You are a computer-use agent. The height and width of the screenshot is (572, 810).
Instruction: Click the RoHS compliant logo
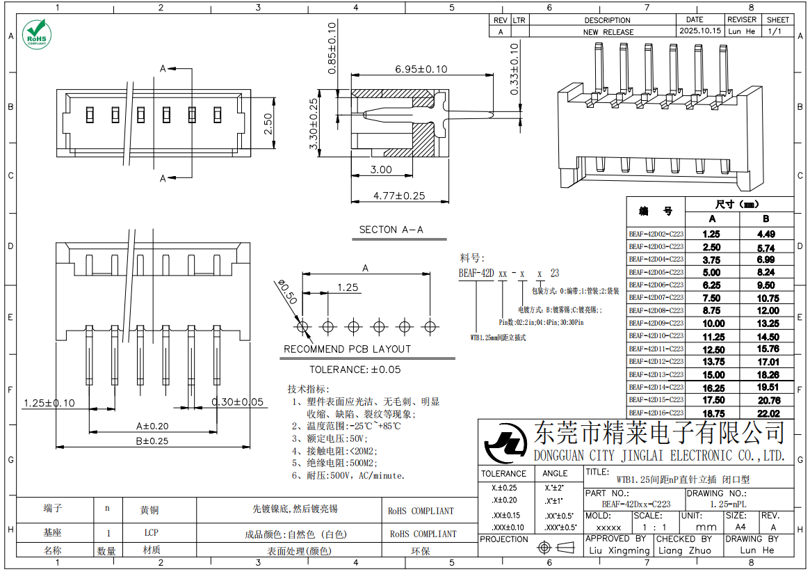coord(35,33)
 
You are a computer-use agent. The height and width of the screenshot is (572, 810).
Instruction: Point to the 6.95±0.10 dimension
coord(421,69)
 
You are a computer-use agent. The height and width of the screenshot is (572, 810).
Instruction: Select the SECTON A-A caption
coord(391,229)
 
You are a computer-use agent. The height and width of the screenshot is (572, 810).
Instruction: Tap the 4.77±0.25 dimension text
coord(398,196)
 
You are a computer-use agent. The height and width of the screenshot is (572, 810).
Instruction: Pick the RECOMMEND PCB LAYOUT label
coord(347,349)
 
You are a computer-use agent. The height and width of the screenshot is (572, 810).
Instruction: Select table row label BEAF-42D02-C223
coord(656,235)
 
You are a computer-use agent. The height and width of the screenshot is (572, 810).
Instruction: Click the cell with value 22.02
coord(768,413)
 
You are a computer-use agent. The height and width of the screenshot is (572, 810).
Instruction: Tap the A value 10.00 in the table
coord(713,324)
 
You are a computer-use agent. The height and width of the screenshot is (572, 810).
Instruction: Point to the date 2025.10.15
coord(699,31)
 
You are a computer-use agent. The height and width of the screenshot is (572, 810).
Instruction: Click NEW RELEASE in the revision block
coord(608,32)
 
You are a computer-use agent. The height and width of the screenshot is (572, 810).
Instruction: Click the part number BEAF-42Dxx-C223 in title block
coord(635,504)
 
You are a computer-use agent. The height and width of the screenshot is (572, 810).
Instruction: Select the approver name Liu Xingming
coord(618,550)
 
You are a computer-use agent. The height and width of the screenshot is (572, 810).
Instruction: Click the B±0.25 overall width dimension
coord(152,440)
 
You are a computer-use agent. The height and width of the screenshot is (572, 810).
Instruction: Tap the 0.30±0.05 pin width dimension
coord(238,402)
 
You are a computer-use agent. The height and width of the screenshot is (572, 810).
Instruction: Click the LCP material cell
coord(151,534)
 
